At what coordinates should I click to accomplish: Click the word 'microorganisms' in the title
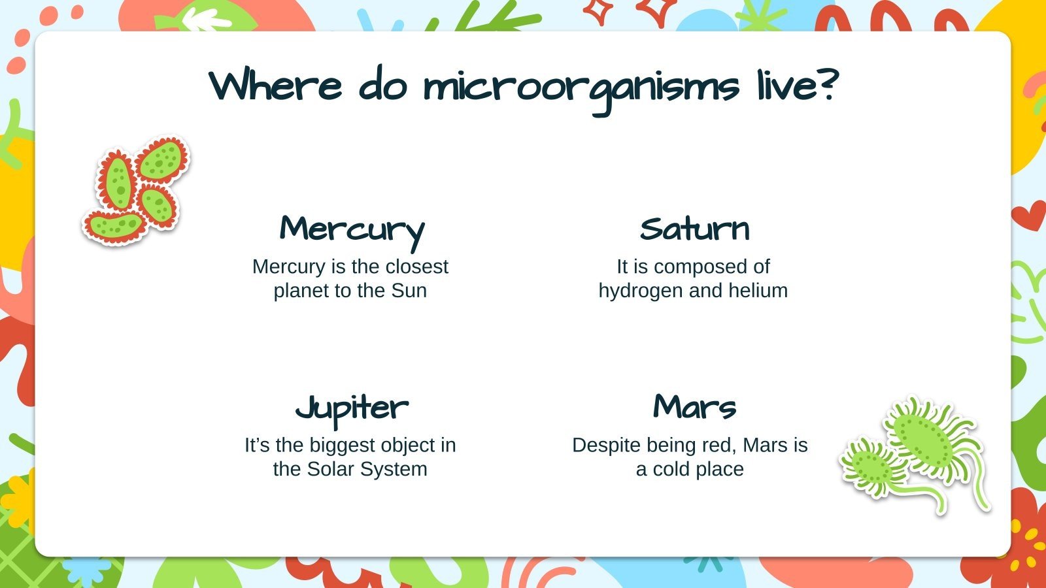581,88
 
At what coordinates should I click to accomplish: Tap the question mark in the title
827,85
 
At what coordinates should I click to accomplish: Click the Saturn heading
694,229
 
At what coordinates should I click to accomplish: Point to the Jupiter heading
352,408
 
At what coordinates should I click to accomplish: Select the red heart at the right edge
1028,215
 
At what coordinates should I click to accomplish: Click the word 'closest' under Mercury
417,267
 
